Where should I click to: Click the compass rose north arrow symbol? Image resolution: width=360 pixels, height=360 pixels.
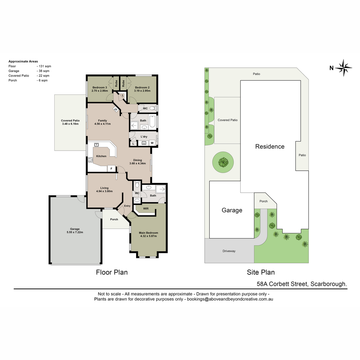click(343, 68)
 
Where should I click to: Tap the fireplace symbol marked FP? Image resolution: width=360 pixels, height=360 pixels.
click(115, 109)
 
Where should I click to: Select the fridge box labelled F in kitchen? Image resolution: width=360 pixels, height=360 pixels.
click(111, 169)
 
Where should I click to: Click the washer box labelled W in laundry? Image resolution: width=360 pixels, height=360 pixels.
click(152, 143)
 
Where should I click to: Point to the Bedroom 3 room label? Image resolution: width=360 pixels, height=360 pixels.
click(100, 87)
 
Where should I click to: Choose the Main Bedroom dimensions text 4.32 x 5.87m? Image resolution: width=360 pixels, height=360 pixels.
click(148, 236)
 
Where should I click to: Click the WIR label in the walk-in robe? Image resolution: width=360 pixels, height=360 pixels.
click(146, 208)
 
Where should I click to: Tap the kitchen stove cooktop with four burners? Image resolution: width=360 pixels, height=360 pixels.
click(90, 160)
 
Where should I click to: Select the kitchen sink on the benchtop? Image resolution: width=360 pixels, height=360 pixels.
click(96, 145)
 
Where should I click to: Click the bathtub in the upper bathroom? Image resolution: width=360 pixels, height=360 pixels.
click(152, 121)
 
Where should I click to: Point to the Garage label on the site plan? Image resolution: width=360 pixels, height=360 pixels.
click(232, 210)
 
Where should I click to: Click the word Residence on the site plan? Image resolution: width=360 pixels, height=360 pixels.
click(270, 146)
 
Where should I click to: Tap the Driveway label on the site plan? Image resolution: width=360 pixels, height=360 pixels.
click(229, 251)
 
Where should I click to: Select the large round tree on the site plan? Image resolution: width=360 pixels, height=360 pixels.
click(223, 162)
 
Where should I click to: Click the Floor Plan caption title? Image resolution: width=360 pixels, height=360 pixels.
click(112, 272)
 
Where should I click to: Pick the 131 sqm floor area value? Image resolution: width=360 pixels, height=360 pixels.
click(45, 66)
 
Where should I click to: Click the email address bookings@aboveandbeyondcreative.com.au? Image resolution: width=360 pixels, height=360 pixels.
click(230, 299)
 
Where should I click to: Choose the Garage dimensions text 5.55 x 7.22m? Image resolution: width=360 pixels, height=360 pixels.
click(75, 232)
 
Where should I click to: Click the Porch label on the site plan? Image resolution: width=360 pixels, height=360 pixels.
click(263, 201)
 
